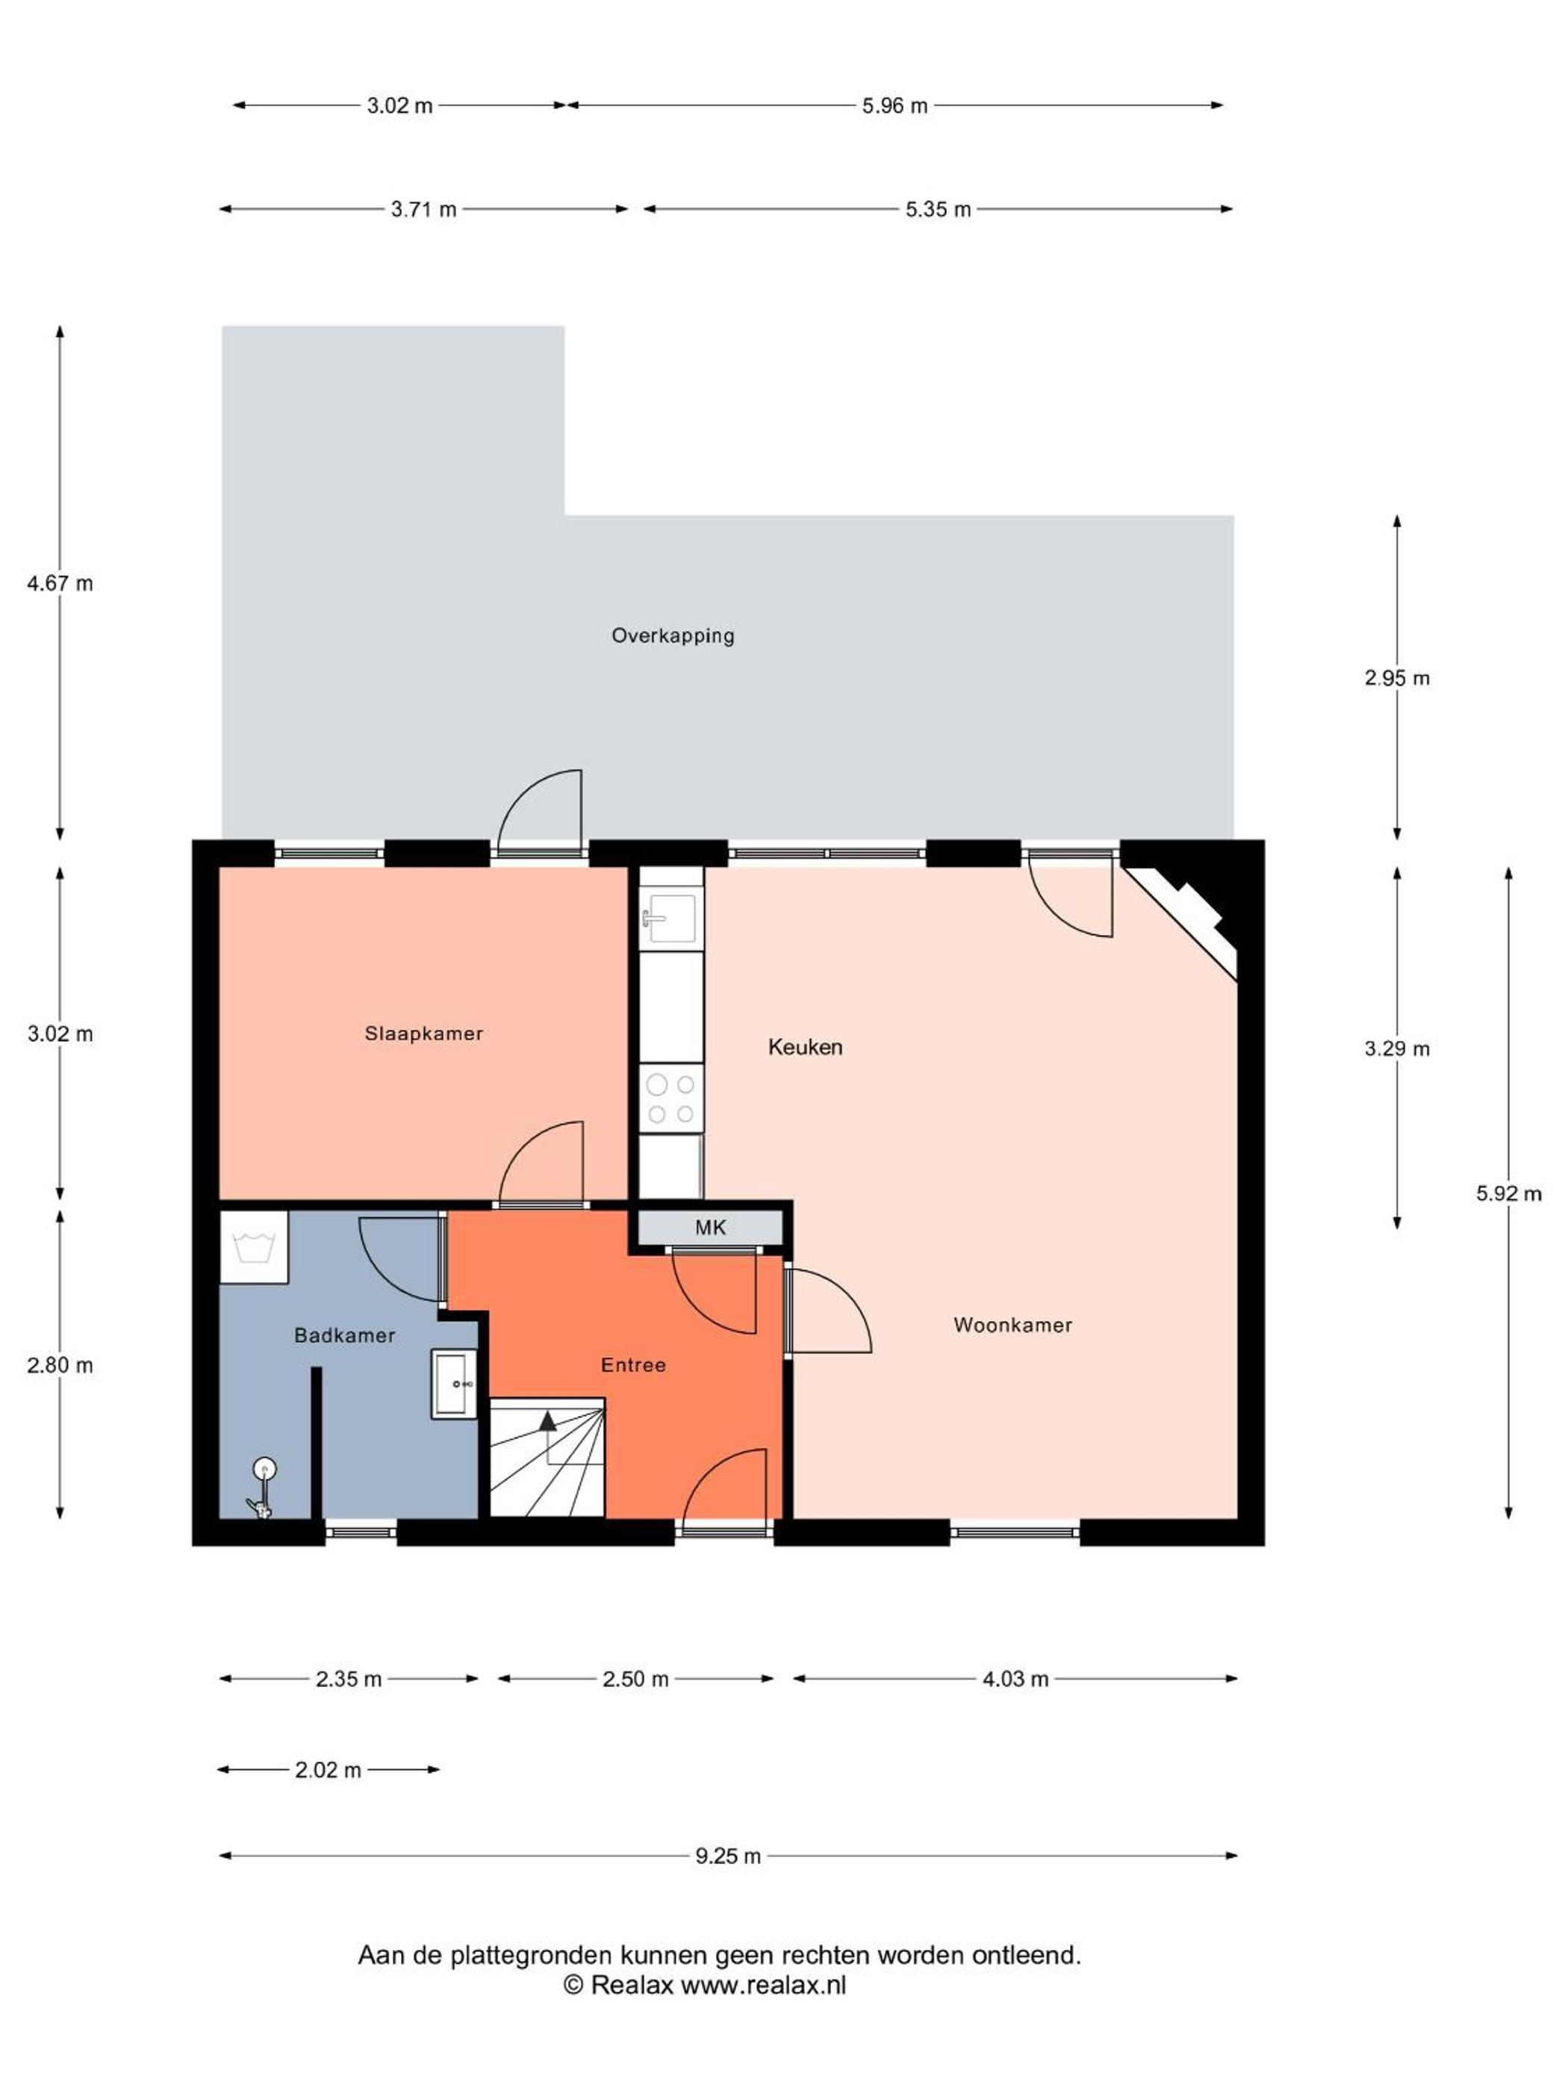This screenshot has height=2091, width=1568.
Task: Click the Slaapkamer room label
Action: (x=423, y=1034)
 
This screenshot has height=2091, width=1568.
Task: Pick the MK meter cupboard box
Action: (x=710, y=1227)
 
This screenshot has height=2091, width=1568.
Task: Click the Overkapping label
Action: (x=672, y=636)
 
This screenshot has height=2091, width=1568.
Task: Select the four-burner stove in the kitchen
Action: (x=671, y=1098)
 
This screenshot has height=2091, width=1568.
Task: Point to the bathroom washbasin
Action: (x=455, y=1384)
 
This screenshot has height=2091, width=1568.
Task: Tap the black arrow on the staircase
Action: (x=547, y=1420)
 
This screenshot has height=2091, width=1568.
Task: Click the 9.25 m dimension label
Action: (x=728, y=1856)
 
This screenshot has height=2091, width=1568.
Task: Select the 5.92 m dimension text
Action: (x=1508, y=1193)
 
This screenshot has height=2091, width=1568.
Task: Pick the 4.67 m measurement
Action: (x=60, y=583)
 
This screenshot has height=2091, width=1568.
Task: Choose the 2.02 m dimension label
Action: (x=328, y=1770)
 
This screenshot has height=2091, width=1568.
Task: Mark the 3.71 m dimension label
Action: (x=423, y=209)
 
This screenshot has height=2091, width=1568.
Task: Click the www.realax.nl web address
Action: (x=763, y=1984)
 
